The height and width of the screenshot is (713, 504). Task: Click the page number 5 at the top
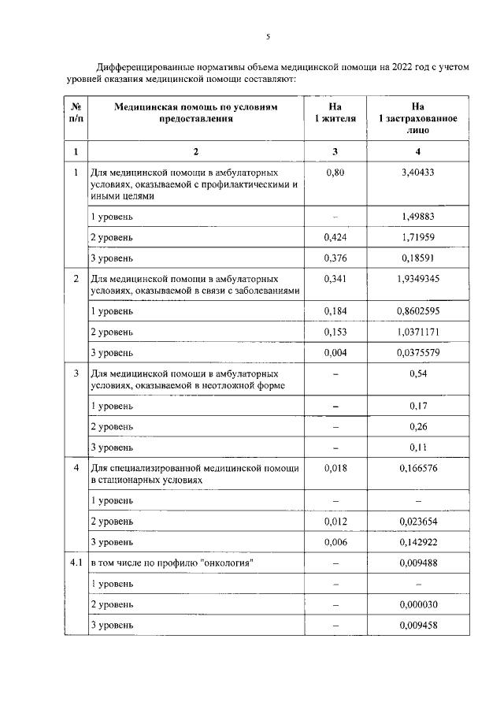pos(268,37)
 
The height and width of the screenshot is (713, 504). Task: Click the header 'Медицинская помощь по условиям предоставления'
pos(196,113)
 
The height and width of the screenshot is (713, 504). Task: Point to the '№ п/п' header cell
pos(75,113)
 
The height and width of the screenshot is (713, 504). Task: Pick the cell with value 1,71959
pos(418,236)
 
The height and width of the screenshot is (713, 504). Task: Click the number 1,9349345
pos(418,279)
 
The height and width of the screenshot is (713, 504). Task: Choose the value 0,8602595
pos(418,311)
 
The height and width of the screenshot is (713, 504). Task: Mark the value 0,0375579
pos(418,352)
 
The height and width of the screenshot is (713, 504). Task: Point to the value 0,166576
pos(418,468)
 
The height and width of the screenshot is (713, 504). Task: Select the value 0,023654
pos(418,521)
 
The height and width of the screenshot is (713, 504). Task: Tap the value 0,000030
pos(418,604)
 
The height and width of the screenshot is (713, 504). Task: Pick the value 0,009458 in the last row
pos(418,626)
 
